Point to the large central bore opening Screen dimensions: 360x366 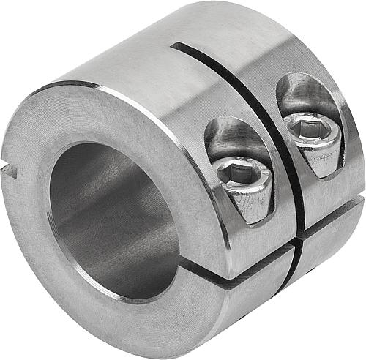pyautogui.click(x=110, y=220)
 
